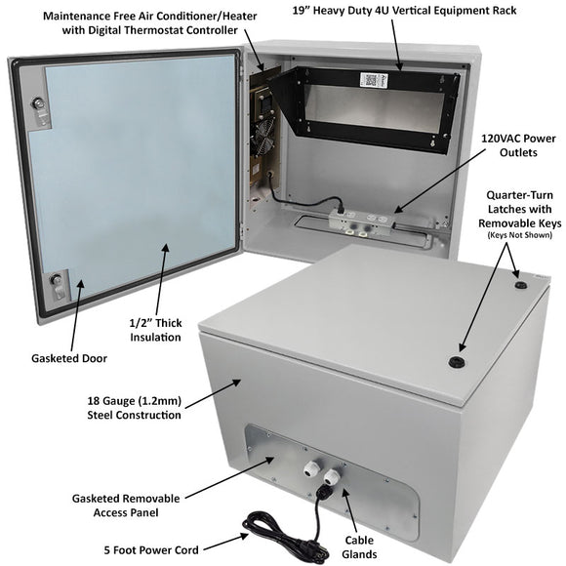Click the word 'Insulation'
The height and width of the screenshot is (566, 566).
coord(153,337)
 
